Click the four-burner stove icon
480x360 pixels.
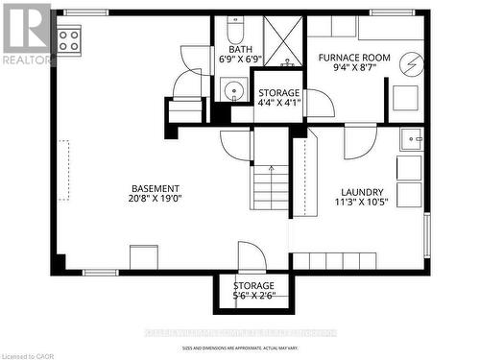[68, 39]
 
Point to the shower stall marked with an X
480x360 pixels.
[282, 41]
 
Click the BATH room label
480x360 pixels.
[241, 50]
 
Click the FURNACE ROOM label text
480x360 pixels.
[354, 58]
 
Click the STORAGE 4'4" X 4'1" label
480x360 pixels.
[279, 99]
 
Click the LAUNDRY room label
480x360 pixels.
[362, 192]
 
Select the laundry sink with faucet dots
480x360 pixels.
[412, 140]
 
